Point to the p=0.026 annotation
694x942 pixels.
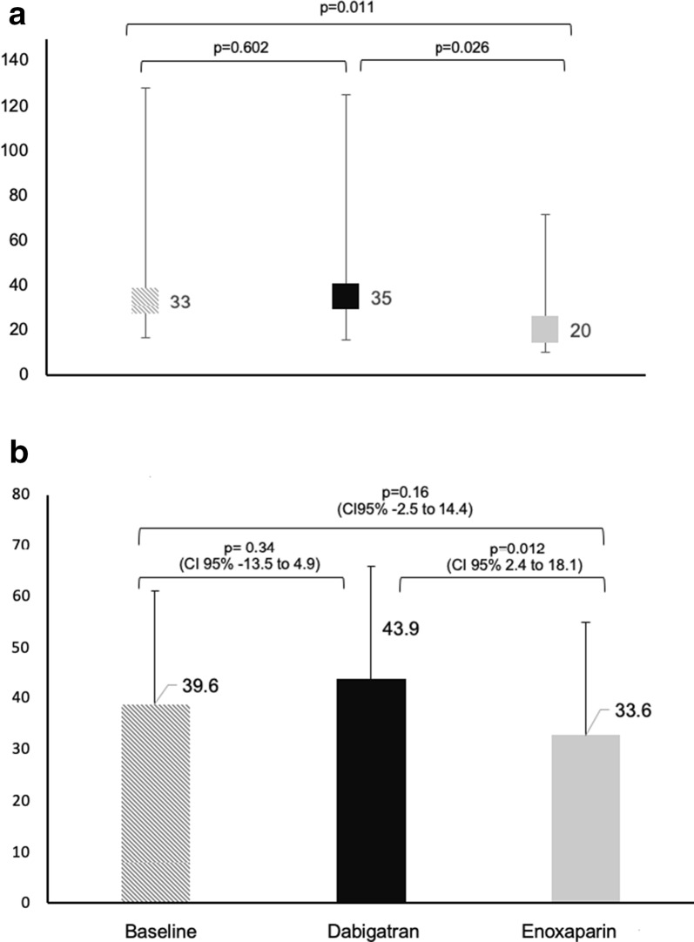click(x=463, y=49)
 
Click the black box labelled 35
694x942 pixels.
click(x=346, y=296)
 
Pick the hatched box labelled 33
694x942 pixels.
click(x=145, y=300)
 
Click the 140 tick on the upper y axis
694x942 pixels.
click(x=18, y=60)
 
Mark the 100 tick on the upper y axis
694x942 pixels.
click(x=18, y=151)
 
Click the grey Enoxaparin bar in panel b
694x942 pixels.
click(x=585, y=818)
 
